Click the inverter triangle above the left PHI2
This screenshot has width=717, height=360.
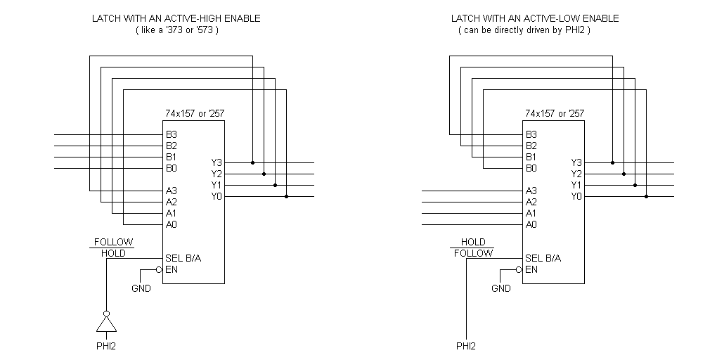pyautogui.click(x=106, y=324)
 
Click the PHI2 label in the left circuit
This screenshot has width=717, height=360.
pyautogui.click(x=106, y=346)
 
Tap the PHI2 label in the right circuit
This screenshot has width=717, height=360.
pyautogui.click(x=466, y=346)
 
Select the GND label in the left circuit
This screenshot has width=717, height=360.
pyautogui.click(x=141, y=288)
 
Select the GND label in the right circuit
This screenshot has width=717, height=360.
pyautogui.click(x=500, y=288)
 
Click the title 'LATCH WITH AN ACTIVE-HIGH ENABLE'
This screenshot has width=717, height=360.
pyautogui.click(x=176, y=18)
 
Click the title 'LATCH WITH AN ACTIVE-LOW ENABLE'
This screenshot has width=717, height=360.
pyautogui.click(x=536, y=18)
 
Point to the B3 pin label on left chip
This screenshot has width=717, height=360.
pyautogui.click(x=172, y=134)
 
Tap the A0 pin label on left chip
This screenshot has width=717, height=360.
pyautogui.click(x=172, y=224)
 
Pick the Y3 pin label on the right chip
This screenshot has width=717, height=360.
pyautogui.click(x=576, y=162)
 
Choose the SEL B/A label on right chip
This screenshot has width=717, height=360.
pyautogui.click(x=543, y=258)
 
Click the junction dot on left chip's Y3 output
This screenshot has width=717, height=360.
pyautogui.click(x=252, y=162)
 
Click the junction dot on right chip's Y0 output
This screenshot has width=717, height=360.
pyautogui.click(x=646, y=196)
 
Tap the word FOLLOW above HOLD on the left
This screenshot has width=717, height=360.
pyautogui.click(x=113, y=242)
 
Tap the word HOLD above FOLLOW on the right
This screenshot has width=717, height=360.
pyautogui.click(x=473, y=242)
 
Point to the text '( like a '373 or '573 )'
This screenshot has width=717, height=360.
pyautogui.click(x=176, y=30)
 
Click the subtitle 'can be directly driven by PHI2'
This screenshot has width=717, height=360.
pyautogui.click(x=524, y=30)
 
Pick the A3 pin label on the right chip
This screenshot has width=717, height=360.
pyautogui.click(x=531, y=191)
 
